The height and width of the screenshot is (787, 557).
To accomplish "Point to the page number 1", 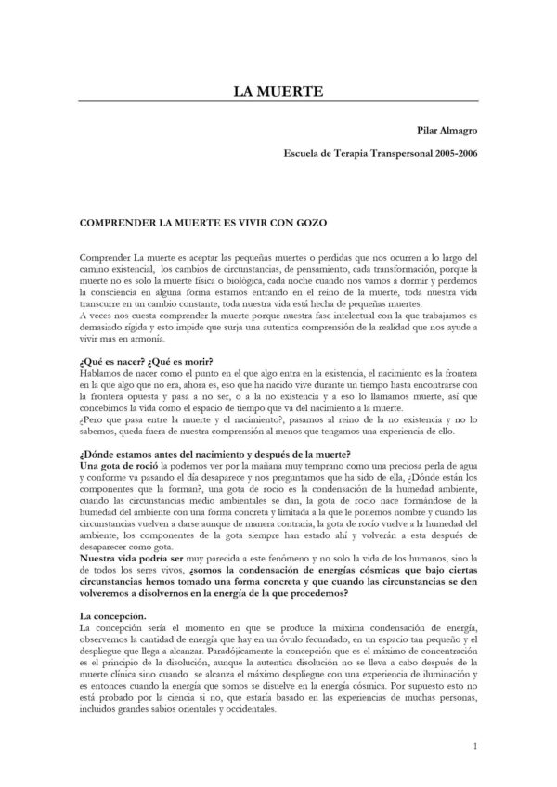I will (x=474, y=745).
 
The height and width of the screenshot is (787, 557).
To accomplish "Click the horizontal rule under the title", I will (x=278, y=101).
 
